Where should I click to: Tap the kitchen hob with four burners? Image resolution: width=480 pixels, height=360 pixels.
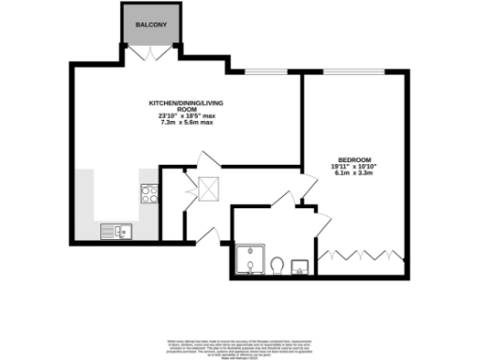pyautogui.click(x=149, y=194)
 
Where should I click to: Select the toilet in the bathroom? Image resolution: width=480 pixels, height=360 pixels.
pyautogui.click(x=277, y=267)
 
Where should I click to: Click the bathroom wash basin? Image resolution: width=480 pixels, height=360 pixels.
pyautogui.click(x=301, y=267)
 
